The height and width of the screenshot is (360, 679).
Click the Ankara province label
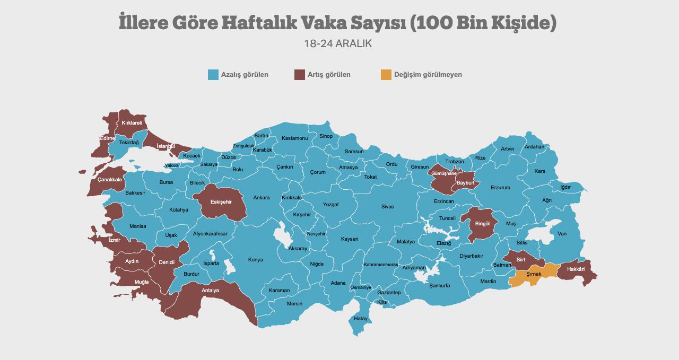(261, 198)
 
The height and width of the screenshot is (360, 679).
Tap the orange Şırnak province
(534, 274)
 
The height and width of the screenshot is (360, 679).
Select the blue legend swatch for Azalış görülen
(213, 75)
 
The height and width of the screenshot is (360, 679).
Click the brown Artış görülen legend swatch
(299, 75)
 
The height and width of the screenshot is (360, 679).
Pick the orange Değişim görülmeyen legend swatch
(386, 75)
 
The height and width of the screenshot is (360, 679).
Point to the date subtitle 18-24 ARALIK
(338, 44)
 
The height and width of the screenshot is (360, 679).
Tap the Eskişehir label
(221, 202)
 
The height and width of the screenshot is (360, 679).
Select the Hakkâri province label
(576, 269)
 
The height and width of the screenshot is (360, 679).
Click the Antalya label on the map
(210, 291)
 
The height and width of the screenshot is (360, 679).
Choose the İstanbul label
(166, 146)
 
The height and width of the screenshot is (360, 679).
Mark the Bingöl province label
(482, 224)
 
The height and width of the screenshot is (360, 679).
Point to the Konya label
(255, 260)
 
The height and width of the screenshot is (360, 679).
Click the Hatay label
(361, 319)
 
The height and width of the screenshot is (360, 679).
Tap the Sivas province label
(387, 207)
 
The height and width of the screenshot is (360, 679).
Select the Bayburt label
(465, 183)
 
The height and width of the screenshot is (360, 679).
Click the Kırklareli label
(132, 123)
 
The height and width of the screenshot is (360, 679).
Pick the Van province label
(562, 234)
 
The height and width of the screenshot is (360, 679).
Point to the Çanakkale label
(110, 180)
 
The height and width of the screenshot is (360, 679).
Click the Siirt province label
(521, 260)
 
